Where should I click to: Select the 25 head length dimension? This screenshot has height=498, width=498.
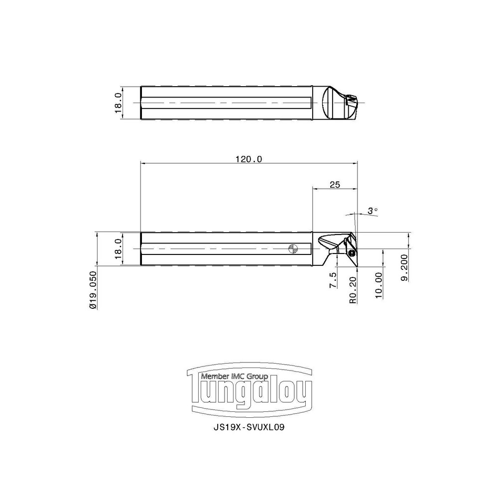335,185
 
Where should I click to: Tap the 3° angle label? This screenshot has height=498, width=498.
373,211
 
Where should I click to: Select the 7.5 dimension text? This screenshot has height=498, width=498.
333,280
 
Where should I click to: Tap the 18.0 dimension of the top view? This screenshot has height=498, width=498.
118,103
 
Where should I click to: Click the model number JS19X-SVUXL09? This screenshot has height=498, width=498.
249,427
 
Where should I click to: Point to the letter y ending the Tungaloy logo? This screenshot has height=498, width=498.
303,396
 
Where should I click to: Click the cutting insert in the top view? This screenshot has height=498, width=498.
350,102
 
